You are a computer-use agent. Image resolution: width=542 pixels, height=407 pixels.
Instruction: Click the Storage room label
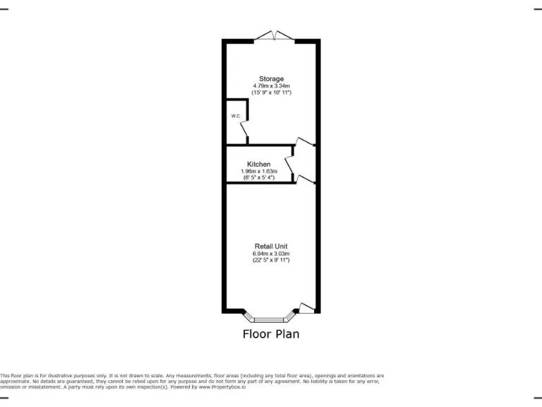click(271, 78)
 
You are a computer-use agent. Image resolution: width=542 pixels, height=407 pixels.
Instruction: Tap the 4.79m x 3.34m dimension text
click(271, 85)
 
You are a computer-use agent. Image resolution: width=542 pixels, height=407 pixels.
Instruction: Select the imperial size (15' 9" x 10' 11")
click(271, 93)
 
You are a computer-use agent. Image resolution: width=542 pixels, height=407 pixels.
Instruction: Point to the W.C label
click(234, 115)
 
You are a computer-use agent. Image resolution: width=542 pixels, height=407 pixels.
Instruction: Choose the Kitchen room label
click(258, 164)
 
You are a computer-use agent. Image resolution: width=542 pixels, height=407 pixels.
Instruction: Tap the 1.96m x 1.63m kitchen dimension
click(258, 171)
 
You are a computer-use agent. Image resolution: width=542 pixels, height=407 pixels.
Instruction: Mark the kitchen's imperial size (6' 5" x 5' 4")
click(258, 177)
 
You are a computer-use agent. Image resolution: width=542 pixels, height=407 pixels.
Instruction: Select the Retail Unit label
click(271, 246)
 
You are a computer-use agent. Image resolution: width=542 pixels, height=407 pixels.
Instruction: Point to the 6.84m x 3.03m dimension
click(271, 253)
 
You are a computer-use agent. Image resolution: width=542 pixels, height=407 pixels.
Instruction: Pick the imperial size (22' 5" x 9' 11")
click(271, 260)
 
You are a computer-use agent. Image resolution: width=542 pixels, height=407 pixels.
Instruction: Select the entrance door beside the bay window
click(306, 307)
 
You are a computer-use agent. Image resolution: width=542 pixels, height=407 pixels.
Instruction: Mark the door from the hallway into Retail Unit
click(305, 179)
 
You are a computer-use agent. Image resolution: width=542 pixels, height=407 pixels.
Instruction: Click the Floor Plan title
click(271, 334)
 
